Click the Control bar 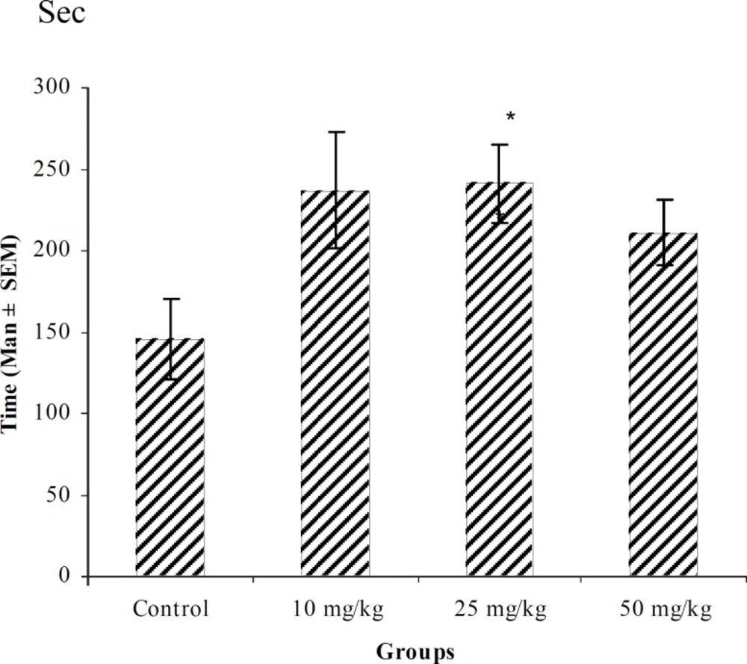pyautogui.click(x=170, y=457)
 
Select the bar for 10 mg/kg pyautogui.click(x=335, y=383)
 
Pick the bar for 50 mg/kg pyautogui.click(x=663, y=404)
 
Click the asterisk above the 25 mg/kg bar pyautogui.click(x=510, y=117)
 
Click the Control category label pyautogui.click(x=170, y=609)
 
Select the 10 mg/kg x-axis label pyautogui.click(x=338, y=609)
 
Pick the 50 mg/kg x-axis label pyautogui.click(x=666, y=609)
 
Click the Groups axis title pyautogui.click(x=415, y=651)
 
